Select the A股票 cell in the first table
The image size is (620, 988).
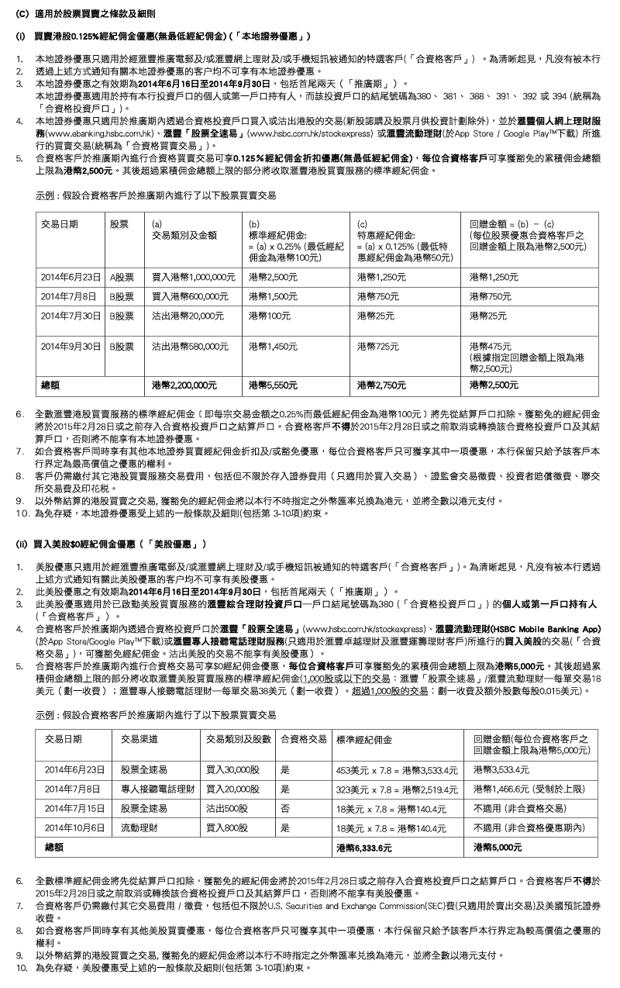pos(122,277)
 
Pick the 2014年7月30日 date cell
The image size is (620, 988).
pos(71,316)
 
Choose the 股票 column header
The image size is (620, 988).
pos(119,223)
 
